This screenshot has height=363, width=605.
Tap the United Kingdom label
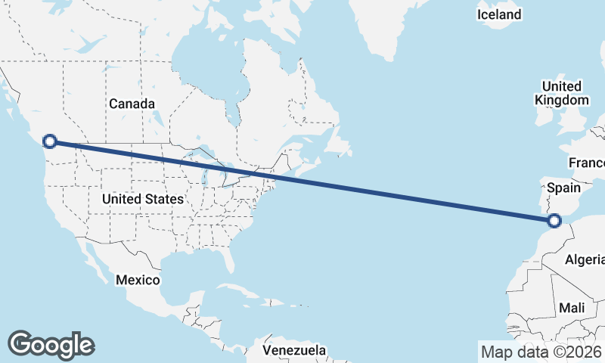click(x=561, y=93)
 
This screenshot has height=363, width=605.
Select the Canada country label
click(x=132, y=104)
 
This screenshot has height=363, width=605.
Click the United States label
click(x=142, y=199)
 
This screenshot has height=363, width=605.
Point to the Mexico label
click(x=138, y=280)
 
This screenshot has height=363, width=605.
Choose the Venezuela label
click(x=295, y=350)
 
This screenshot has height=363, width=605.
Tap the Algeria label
click(x=585, y=259)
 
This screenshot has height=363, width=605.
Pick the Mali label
click(x=572, y=308)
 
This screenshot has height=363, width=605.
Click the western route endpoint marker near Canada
click(x=50, y=141)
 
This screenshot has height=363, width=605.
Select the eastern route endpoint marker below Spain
click(x=554, y=221)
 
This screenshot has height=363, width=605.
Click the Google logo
click(x=51, y=344)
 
